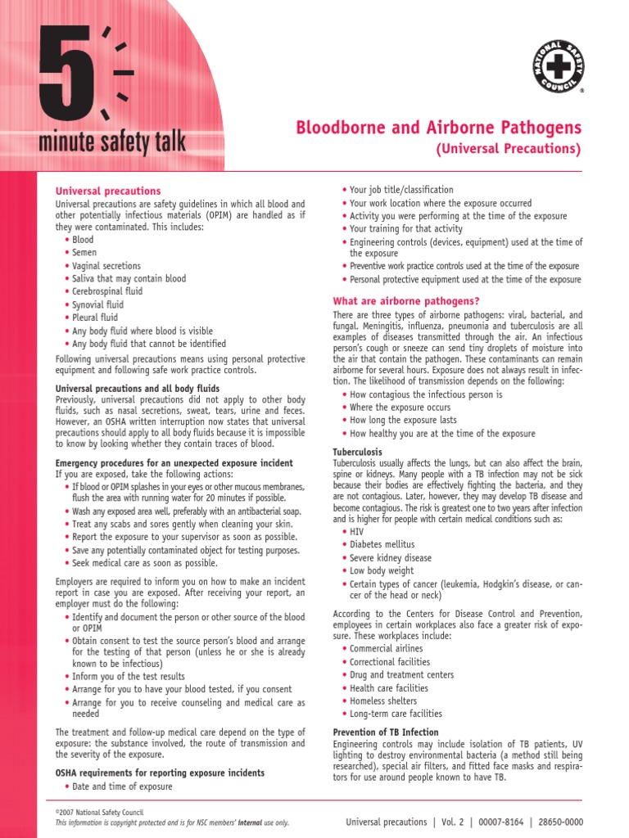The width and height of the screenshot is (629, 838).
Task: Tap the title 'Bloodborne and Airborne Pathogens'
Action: tap(438, 128)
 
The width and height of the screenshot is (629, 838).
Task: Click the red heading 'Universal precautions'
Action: tap(107, 191)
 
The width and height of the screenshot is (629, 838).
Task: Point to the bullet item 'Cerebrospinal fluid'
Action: tap(106, 291)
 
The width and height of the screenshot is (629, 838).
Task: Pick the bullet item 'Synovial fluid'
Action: tap(97, 304)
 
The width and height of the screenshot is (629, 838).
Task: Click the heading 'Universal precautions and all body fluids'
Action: tap(137, 388)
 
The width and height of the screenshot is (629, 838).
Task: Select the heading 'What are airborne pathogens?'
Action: tap(405, 301)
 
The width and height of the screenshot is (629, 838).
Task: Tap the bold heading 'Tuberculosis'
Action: tap(357, 452)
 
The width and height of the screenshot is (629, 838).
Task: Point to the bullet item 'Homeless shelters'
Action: tap(383, 701)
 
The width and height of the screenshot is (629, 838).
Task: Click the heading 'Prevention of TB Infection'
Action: tap(386, 732)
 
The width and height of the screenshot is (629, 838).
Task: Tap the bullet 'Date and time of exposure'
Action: tap(122, 786)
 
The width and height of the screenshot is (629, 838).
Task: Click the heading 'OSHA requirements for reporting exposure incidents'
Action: tap(160, 773)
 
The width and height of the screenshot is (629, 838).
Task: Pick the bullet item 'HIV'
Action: tap(357, 531)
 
